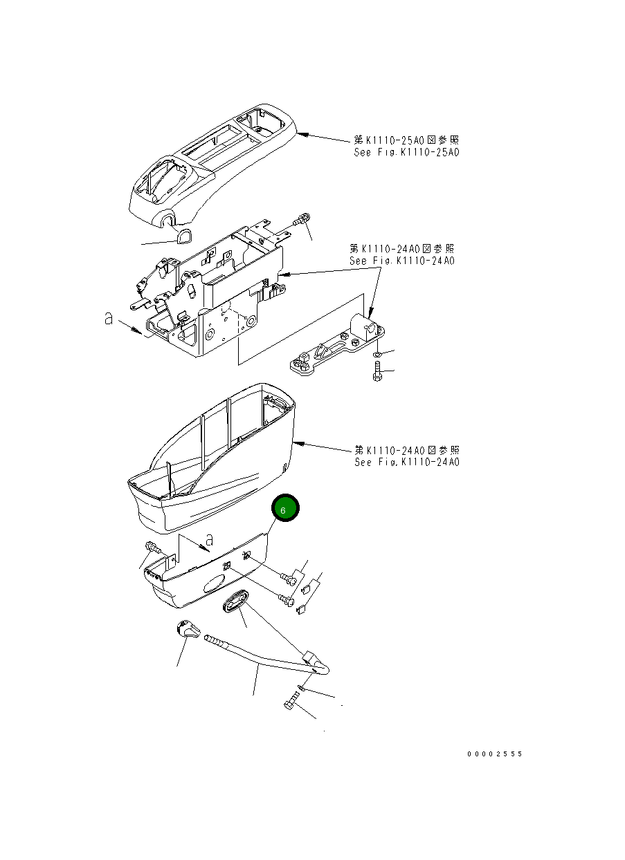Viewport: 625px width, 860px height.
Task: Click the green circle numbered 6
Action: point(285,509)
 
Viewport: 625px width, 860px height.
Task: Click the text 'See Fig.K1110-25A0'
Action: point(406,153)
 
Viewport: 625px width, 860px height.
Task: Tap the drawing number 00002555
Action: point(494,754)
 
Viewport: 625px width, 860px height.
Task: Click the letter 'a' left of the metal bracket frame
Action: point(107,319)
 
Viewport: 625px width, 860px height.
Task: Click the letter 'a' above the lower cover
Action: point(210,539)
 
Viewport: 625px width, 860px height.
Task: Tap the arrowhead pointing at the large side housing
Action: point(298,442)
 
